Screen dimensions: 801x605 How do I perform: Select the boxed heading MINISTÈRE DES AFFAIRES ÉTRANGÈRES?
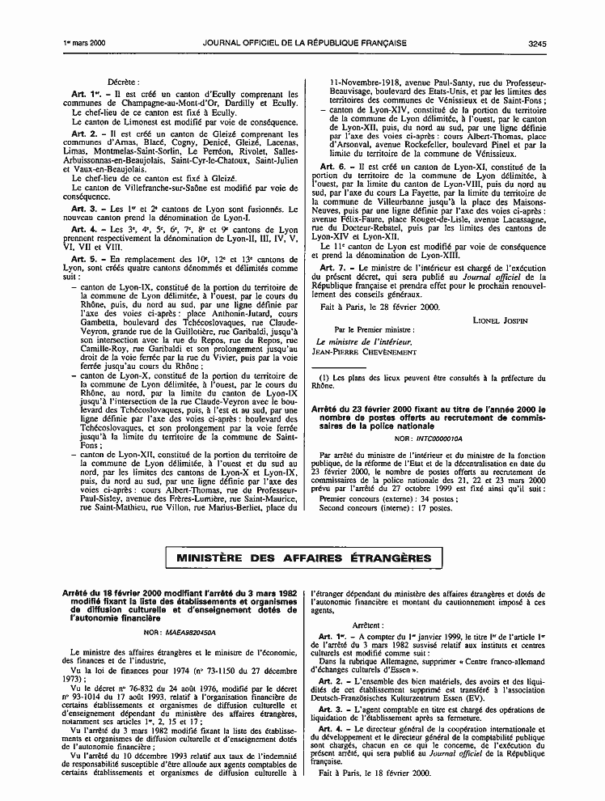(x=304, y=558)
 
